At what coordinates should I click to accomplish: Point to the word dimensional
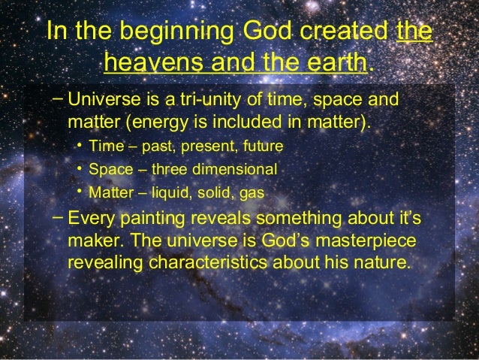pos(243,168)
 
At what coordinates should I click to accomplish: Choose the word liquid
pos(171,192)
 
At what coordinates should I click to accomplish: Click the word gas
pos(252,193)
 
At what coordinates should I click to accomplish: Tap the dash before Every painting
pos(58,216)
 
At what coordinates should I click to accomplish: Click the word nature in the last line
pos(382,263)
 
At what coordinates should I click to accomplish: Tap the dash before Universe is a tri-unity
pos(58,98)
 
